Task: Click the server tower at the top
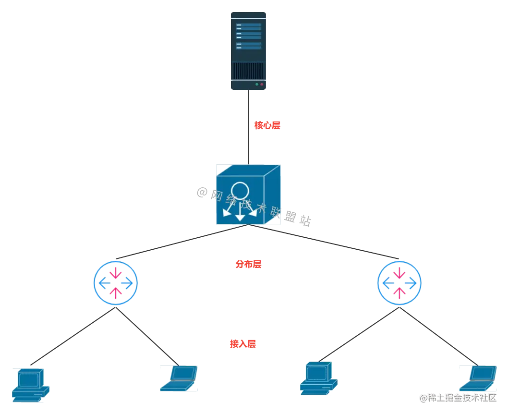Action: coord(248,52)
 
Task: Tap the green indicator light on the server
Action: coord(257,84)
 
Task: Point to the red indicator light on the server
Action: coord(262,84)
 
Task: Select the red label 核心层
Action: coord(267,126)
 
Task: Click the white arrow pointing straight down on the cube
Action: coord(240,214)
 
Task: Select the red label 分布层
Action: coord(249,264)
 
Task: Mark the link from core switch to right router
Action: coord(327,243)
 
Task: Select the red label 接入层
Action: coord(242,344)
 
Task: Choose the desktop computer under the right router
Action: coord(318,378)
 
